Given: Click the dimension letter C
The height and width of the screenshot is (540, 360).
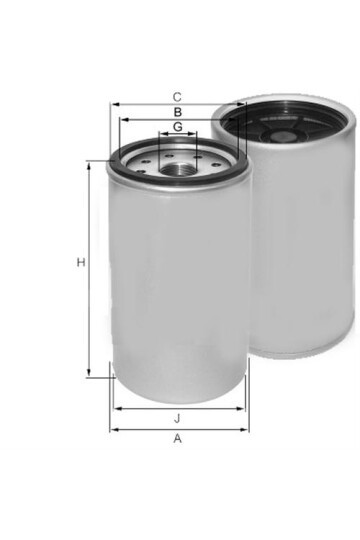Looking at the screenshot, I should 177,96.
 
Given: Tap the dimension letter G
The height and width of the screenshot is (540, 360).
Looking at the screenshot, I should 177,127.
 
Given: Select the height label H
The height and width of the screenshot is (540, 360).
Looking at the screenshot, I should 80,263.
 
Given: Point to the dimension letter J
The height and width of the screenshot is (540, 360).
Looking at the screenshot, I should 177,418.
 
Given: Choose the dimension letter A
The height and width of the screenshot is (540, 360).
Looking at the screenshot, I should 177,438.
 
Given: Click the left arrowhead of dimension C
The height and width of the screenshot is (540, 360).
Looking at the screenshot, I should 113,103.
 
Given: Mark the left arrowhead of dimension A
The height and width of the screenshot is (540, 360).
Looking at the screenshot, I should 112,429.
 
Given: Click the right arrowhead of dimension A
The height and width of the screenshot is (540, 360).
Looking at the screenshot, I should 247,429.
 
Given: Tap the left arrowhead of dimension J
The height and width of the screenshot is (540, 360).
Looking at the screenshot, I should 114,408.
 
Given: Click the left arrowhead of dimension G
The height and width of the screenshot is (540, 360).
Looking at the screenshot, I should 160,134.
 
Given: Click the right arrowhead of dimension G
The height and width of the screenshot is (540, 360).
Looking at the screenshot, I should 195,134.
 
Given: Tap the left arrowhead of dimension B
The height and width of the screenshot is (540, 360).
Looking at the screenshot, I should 120,119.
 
